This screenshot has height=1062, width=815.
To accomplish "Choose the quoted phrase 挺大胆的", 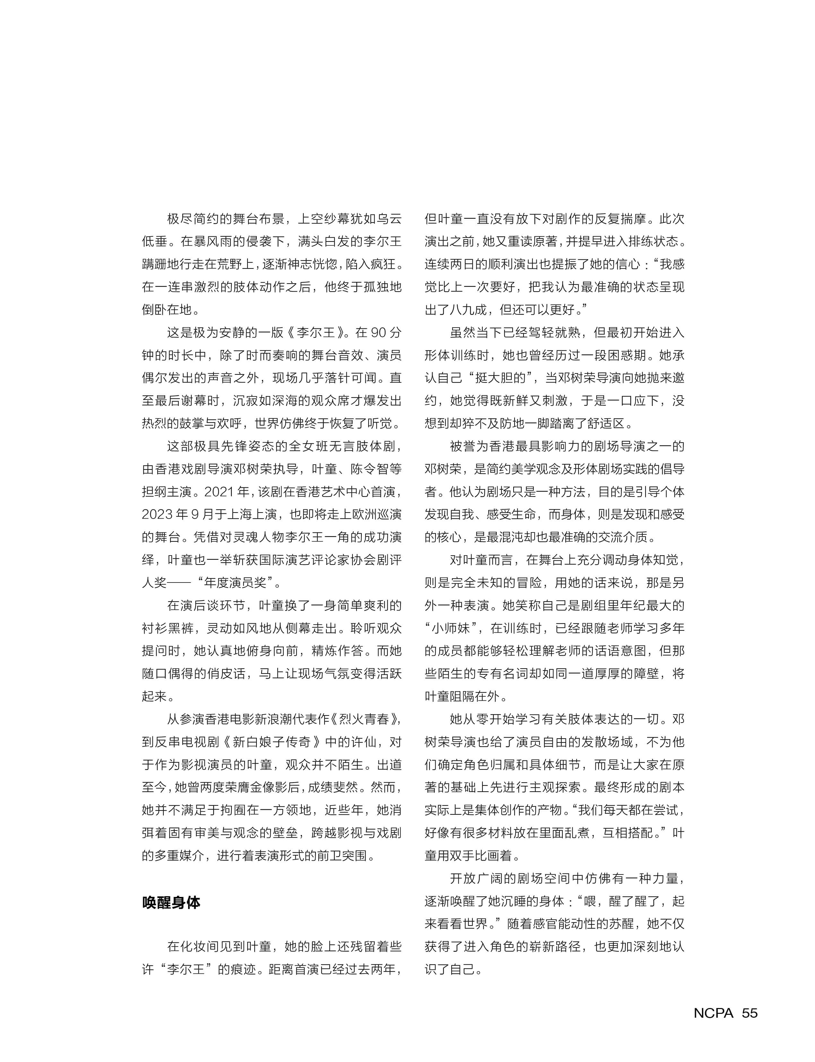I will point(503,378).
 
